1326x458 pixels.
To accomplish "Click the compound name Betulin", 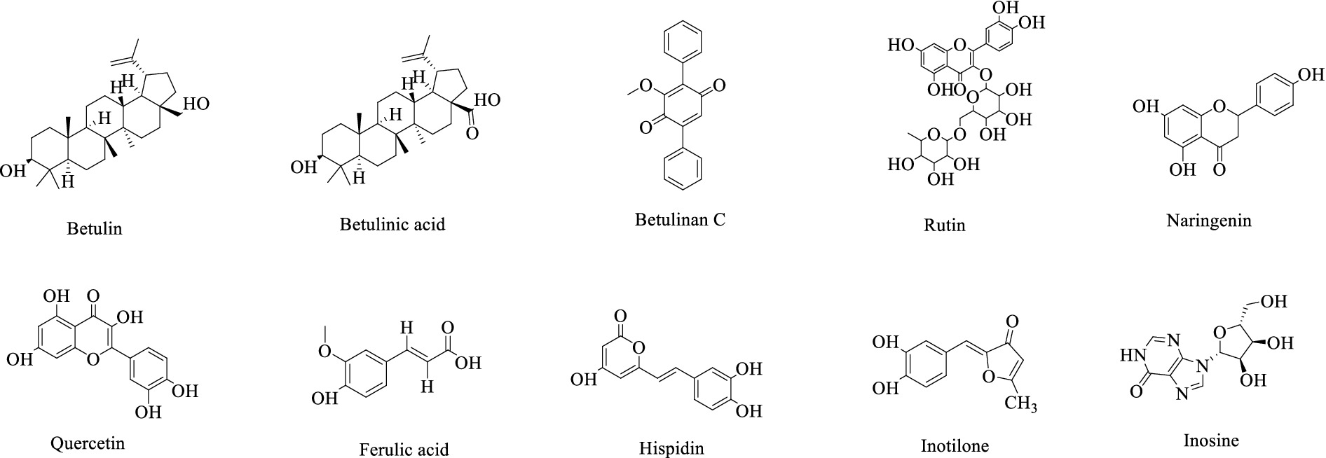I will click(x=95, y=228).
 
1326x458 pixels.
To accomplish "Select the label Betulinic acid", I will click(x=392, y=224).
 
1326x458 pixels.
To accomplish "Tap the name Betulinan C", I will click(x=680, y=219).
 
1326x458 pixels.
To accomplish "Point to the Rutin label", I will click(x=945, y=225).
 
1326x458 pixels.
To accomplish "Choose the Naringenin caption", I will click(x=1209, y=221).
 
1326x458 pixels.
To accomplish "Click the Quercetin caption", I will click(x=88, y=443).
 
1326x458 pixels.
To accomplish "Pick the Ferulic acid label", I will click(x=404, y=449).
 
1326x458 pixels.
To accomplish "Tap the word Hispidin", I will click(x=671, y=447).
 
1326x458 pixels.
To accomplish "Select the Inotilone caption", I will click(x=955, y=445).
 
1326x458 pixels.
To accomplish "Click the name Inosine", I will click(x=1211, y=440).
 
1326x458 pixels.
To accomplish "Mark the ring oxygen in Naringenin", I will click(x=1220, y=107).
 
